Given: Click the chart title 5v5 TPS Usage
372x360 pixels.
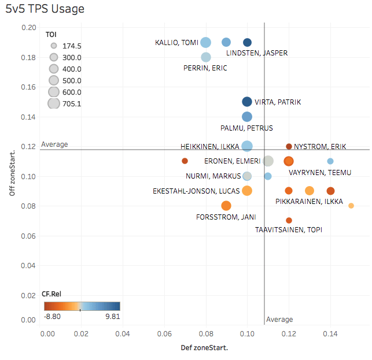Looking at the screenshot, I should (45, 9).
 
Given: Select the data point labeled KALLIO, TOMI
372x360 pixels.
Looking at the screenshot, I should (205, 42).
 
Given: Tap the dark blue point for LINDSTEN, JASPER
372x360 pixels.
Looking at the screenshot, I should (247, 42).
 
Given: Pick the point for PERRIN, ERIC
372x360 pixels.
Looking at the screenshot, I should (205, 57).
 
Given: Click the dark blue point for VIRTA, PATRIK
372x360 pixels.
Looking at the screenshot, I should (247, 102).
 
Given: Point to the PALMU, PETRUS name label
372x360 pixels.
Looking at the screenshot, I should (246, 128).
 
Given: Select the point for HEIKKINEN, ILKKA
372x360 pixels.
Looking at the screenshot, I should (247, 146).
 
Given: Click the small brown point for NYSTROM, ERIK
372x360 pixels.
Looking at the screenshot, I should (289, 146).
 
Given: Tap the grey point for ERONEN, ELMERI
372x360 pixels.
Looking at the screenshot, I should (268, 161).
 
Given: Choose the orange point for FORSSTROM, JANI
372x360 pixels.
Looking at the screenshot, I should (226, 206).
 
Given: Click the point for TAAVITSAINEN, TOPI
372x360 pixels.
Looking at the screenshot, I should (289, 220).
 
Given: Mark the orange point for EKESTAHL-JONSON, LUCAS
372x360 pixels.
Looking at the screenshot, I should (247, 191).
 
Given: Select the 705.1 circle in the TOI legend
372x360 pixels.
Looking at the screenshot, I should (54, 103).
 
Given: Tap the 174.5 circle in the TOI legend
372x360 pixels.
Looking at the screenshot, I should (54, 46).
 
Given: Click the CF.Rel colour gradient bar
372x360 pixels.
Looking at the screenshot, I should (81, 306).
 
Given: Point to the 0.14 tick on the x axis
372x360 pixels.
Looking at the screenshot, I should (330, 334).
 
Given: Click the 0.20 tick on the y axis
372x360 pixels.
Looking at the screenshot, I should (30, 28).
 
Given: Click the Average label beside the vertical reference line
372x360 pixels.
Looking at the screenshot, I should (279, 320).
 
